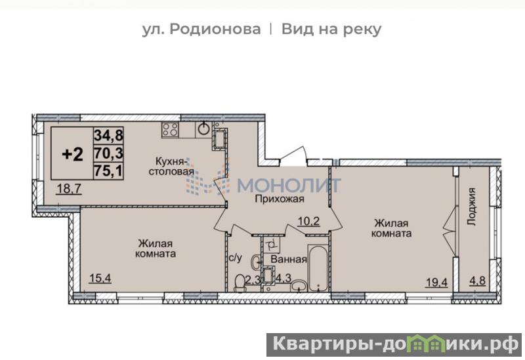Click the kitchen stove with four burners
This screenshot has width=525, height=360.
170,130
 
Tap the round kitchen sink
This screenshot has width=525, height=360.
204,129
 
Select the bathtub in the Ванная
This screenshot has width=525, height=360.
318,268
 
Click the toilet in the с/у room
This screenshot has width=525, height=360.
240,283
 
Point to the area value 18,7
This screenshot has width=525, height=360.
69,189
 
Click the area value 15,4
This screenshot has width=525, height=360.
100,277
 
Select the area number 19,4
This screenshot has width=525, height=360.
436,283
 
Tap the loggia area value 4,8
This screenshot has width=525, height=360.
478,281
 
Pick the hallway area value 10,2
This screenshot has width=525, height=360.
308,221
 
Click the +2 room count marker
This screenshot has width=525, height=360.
73,154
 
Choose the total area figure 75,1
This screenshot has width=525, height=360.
108,171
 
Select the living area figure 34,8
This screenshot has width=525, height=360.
108,135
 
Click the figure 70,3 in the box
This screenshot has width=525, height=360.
108,153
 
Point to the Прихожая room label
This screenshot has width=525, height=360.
280,199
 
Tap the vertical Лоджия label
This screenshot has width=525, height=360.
471,207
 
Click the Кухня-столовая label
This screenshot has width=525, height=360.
171,167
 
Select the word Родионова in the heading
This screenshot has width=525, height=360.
215,29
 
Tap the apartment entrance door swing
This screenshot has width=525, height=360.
293,156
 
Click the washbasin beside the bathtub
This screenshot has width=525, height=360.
299,285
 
